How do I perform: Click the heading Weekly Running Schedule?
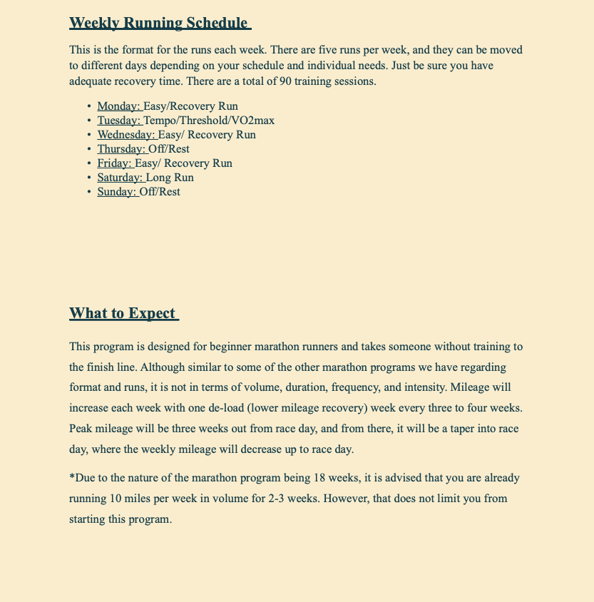coord(159,23)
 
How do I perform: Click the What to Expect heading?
coord(123,313)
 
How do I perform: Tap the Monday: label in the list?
coord(118,106)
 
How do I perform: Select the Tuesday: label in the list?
coord(119,121)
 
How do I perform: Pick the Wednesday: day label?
coord(126,135)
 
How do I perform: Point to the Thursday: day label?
coord(121,149)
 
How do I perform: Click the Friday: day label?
coord(115,163)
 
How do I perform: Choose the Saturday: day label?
coord(120,178)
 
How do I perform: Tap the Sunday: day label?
coord(117,192)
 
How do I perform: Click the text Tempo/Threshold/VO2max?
coord(209,121)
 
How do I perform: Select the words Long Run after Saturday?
coord(170,178)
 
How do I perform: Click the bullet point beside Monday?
coord(88,107)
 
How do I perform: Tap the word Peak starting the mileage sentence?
coord(81,429)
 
